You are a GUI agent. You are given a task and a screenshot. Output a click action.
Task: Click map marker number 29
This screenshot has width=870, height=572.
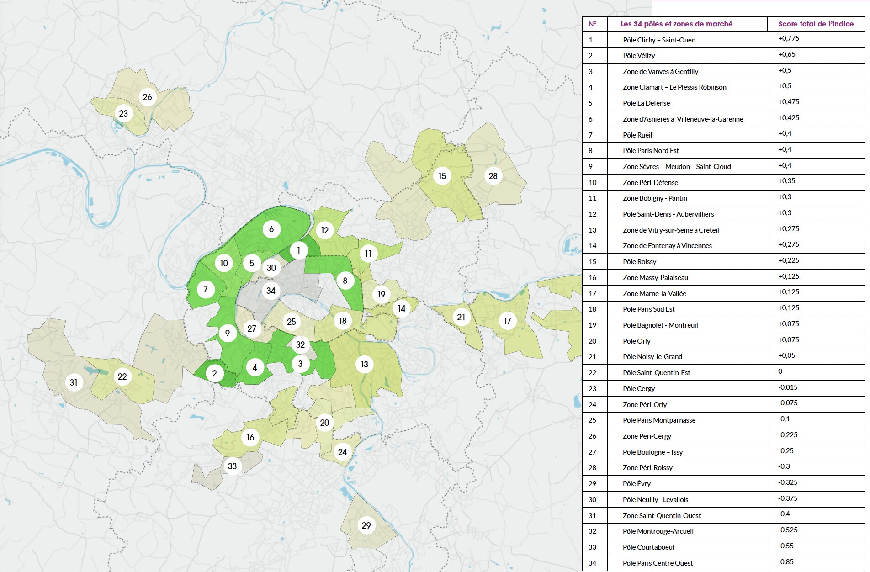click(x=366, y=525)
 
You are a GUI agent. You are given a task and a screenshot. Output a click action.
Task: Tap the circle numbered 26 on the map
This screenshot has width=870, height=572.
click(x=147, y=97)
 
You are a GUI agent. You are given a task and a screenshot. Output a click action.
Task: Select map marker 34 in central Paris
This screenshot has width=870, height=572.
click(x=271, y=291)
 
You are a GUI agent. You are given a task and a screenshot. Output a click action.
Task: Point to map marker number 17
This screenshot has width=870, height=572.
click(x=507, y=321)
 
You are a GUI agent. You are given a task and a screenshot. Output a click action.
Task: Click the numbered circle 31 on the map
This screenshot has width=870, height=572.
click(x=74, y=382)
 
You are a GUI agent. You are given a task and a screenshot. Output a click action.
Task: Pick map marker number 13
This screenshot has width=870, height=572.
click(x=364, y=364)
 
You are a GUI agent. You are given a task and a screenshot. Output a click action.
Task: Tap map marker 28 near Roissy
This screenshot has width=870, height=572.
click(x=493, y=176)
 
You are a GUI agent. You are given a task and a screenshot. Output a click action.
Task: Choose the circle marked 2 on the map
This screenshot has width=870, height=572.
click(x=214, y=373)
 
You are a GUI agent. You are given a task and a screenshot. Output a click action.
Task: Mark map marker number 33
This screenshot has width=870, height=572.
click(x=232, y=466)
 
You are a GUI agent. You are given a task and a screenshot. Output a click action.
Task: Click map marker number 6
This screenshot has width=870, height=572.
click(x=271, y=229)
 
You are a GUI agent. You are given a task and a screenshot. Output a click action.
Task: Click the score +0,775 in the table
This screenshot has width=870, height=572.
click(x=789, y=38)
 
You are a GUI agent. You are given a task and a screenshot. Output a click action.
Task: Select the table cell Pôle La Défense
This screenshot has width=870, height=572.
click(x=646, y=103)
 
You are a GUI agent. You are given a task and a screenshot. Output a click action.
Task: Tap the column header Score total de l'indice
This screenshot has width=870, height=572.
click(x=816, y=24)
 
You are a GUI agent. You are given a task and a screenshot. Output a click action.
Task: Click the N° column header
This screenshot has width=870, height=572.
click(x=592, y=24)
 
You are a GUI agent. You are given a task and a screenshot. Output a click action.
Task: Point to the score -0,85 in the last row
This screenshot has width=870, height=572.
click(x=786, y=561)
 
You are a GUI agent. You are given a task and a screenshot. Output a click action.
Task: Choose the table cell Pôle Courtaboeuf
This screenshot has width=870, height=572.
click(x=648, y=547)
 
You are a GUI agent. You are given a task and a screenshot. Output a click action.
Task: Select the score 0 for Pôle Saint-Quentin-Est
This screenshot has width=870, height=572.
click(x=780, y=371)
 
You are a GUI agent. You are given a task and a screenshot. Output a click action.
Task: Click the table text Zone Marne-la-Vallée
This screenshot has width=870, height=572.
click(x=654, y=294)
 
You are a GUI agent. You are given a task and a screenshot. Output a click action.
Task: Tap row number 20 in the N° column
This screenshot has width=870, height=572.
click(x=592, y=341)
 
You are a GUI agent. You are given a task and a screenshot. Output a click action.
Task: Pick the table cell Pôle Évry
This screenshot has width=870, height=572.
click(x=637, y=484)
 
